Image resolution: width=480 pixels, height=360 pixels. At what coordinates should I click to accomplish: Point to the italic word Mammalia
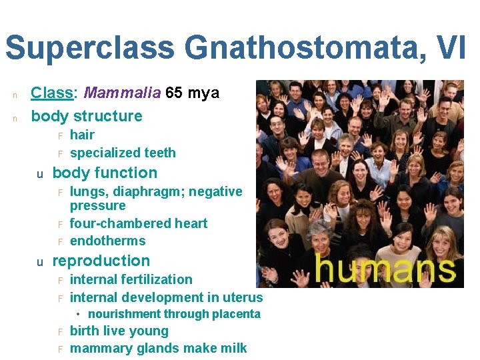coord(123,93)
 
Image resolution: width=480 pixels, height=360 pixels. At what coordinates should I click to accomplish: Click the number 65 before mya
coord(174,93)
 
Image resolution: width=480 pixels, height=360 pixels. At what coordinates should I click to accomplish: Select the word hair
coord(82,135)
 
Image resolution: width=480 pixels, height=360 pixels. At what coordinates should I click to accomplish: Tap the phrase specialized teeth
coord(123,153)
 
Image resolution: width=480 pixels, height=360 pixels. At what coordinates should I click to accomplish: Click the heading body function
coord(105,173)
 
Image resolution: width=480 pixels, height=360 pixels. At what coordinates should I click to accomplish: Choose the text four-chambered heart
coord(138,223)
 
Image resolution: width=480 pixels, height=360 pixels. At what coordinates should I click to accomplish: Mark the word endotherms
coord(107,241)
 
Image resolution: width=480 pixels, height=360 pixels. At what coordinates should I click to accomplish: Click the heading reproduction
coord(101,261)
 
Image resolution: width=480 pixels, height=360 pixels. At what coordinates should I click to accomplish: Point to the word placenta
coord(238,314)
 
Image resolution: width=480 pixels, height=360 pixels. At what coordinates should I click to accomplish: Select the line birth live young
coord(119,331)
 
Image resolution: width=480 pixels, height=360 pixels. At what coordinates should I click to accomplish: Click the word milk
coord(233,348)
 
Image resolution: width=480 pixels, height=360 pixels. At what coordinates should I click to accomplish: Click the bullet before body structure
coord(13,117)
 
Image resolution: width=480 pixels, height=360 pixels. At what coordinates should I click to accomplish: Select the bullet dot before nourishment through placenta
coord(78,314)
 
